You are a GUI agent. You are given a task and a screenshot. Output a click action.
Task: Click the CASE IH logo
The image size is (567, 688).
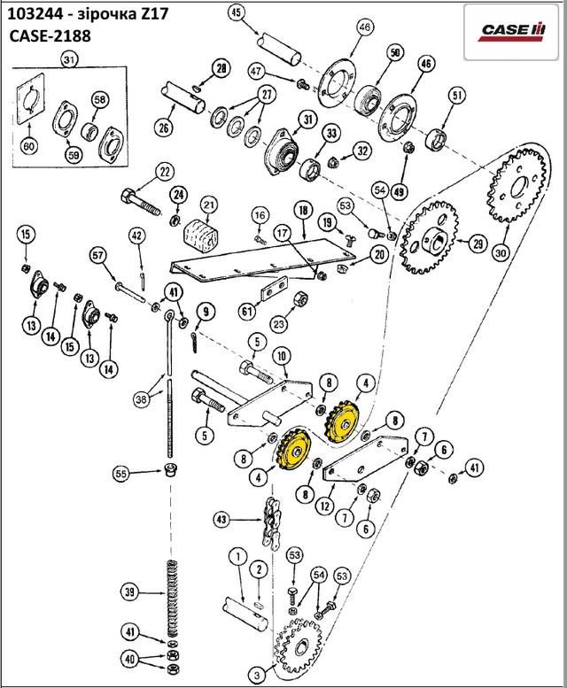pyautogui.click(x=511, y=33)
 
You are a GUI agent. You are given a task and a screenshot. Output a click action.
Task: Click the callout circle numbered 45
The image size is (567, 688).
pyautogui.click(x=237, y=12)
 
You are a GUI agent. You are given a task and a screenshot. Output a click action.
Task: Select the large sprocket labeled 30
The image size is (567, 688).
pyautogui.click(x=517, y=187)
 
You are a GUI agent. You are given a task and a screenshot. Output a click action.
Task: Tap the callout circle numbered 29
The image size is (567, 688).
pyautogui.click(x=477, y=244)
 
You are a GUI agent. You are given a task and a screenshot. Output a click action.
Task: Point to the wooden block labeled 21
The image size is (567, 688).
pyautogui.click(x=199, y=236)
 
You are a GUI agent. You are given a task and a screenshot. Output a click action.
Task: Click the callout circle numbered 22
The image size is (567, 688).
pyautogui.click(x=165, y=172)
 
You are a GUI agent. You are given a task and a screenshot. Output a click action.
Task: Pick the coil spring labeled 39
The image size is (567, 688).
pyautogui.click(x=172, y=599)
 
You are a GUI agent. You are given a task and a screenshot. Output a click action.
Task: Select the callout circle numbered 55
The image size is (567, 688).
pyautogui.click(x=120, y=474)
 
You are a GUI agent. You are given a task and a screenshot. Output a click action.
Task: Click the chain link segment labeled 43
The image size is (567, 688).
pyautogui.click(x=271, y=522)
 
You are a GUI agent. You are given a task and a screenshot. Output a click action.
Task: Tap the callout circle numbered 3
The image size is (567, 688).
pyautogui.click(x=257, y=674)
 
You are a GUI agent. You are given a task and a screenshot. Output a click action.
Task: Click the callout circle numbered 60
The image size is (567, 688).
pyautogui.click(x=28, y=146)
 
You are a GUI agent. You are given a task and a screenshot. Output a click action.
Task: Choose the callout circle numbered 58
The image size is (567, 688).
pyautogui.click(x=100, y=100)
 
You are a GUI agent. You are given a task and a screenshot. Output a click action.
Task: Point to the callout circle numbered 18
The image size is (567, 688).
pyautogui.click(x=303, y=210)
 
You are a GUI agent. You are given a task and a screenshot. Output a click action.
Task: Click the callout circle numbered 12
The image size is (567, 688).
pyautogui.click(x=325, y=506)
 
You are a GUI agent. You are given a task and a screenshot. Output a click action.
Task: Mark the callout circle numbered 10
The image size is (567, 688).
pyautogui.click(x=282, y=356)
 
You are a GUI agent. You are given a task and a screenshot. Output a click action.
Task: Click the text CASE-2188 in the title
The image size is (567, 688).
pyautogui.click(x=50, y=35)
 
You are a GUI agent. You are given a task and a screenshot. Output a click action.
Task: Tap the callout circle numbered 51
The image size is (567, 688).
pyautogui.click(x=457, y=96)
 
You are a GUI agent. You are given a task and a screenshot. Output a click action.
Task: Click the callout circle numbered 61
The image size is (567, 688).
pyautogui.click(x=246, y=312)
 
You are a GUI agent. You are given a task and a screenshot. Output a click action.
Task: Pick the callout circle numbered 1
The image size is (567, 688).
pyautogui.click(x=237, y=557)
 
